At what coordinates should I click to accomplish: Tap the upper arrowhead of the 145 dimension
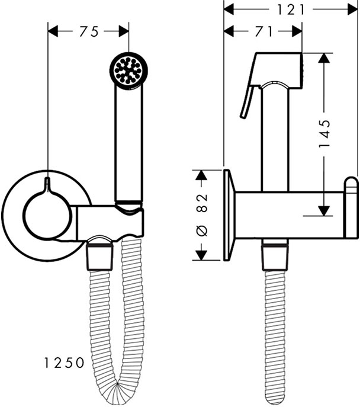[323, 57]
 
